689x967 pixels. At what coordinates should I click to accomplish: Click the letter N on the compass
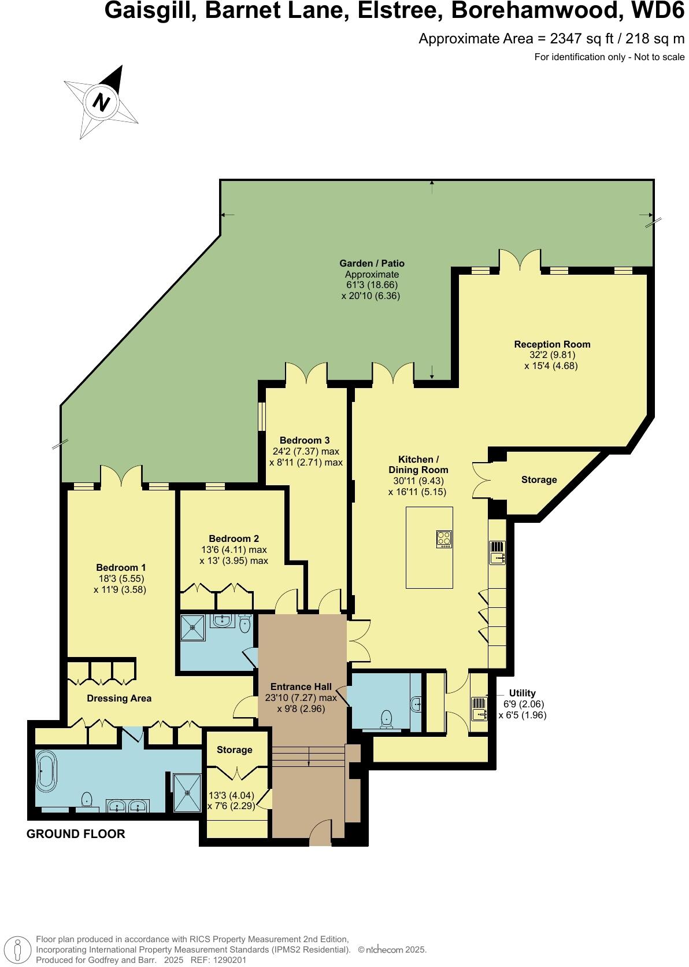(x=102, y=103)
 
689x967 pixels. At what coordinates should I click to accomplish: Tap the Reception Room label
(x=552, y=344)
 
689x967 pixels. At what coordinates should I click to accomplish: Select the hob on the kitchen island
(x=444, y=539)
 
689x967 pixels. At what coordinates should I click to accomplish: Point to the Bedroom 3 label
(x=304, y=440)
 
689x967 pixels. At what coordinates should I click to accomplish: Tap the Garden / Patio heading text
(x=372, y=264)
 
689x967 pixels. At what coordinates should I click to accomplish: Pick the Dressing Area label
(x=119, y=698)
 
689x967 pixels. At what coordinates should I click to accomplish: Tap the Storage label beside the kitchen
(x=539, y=479)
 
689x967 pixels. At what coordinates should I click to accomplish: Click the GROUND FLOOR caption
(x=76, y=834)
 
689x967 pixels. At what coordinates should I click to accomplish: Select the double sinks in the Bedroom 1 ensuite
(x=128, y=806)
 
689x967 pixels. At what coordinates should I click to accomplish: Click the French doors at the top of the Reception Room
(x=520, y=261)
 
